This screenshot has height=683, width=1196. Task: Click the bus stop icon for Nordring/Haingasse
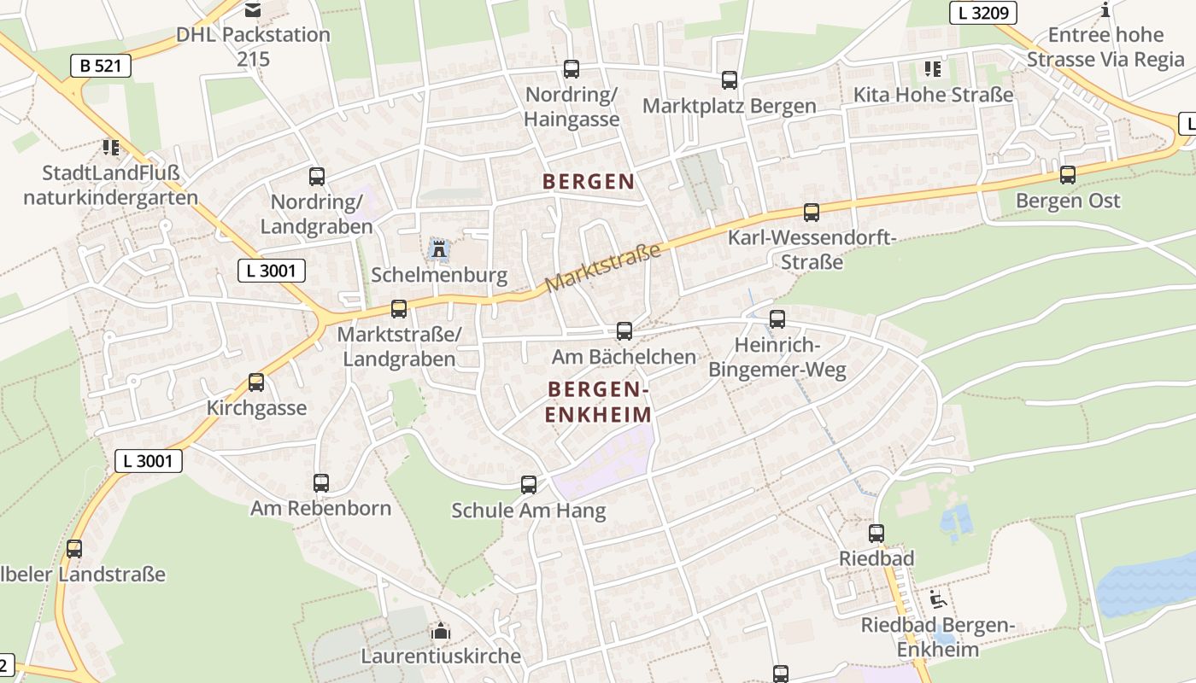pos(572,69)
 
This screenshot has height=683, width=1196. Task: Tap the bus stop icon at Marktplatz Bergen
pos(730,80)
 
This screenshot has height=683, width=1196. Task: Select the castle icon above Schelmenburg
pos(439,249)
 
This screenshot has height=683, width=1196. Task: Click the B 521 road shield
pos(101,66)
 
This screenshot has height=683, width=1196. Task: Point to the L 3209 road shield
pos(982,13)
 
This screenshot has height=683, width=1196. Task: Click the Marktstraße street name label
pos(603,267)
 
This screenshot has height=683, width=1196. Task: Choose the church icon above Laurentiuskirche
pos(441,632)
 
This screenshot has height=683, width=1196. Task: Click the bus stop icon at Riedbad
pos(876,534)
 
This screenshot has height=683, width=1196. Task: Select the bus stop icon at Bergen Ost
pos(1068,175)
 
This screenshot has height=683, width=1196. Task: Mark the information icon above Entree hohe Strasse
pos(1105,10)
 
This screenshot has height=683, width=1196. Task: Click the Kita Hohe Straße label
pos(934,95)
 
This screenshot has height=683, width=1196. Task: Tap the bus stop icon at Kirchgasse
pos(256,382)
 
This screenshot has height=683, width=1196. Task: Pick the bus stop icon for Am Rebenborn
pos(321,483)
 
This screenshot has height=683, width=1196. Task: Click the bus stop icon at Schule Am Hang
pos(529,485)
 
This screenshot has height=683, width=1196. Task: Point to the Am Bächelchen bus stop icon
pos(624,331)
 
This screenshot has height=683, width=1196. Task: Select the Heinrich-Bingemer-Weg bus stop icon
pos(777,319)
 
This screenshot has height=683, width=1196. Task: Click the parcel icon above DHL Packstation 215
pos(253,10)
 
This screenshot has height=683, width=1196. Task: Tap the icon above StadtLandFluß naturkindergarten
pos(111,148)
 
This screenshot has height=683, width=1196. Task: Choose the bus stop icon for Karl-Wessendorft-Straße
pos(812,212)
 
